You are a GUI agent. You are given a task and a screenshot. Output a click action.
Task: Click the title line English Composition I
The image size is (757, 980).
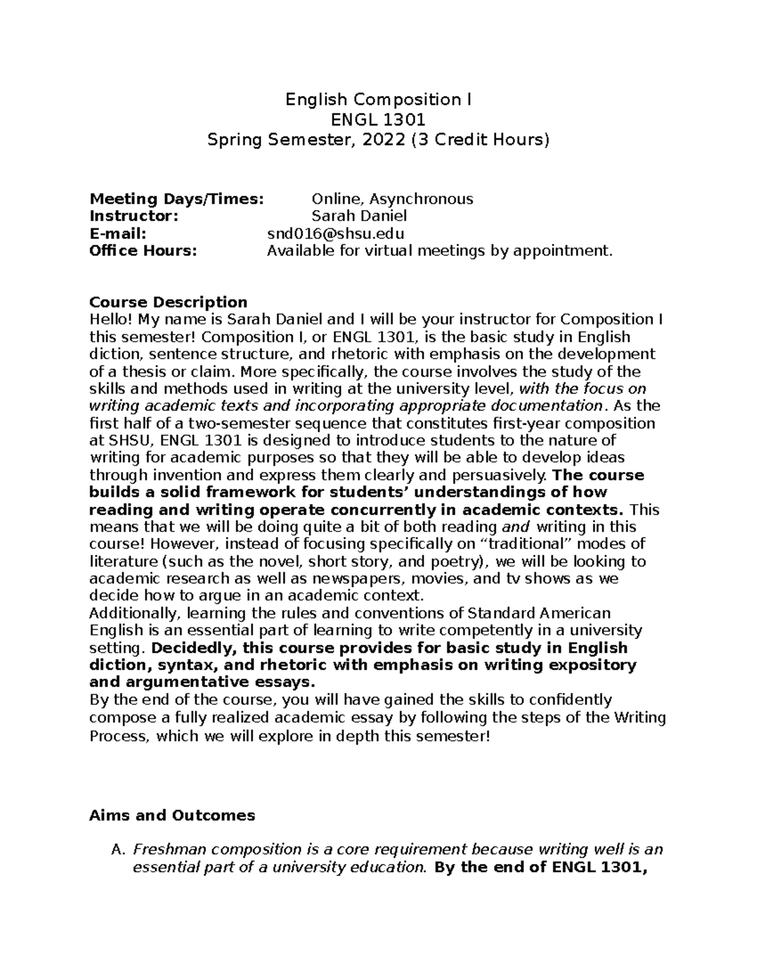tap(378, 100)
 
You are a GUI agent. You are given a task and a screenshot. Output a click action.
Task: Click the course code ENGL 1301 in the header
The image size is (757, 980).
tap(378, 120)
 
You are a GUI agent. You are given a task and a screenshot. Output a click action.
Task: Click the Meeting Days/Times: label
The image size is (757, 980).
tap(177, 199)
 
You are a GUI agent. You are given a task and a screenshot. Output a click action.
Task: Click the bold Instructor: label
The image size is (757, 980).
tap(134, 216)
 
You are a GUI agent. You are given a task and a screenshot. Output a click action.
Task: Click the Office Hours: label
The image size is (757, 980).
tap(144, 251)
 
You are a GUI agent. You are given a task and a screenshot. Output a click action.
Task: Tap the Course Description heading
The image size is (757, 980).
tap(168, 302)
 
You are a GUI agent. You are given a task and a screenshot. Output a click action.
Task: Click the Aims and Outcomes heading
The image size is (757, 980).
tap(172, 815)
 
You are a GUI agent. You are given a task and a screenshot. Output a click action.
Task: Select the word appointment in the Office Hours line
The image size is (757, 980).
tap(571, 251)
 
